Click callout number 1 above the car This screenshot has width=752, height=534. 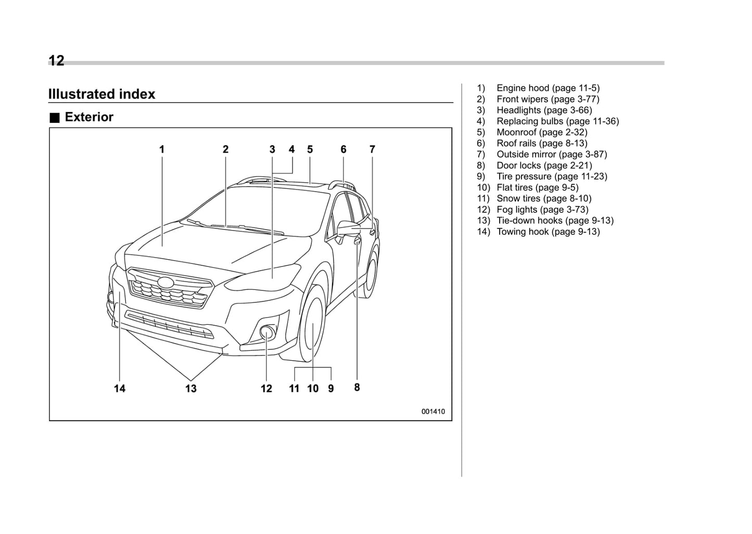tap(162, 149)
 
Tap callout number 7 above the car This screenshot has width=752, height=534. tap(372, 149)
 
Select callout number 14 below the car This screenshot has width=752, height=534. tap(120, 388)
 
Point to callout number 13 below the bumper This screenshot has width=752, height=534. tap(191, 388)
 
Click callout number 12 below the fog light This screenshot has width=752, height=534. tap(266, 388)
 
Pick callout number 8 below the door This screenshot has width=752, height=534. tap(357, 387)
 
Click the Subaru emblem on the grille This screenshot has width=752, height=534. tap(166, 282)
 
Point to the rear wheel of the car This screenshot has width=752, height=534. tap(372, 274)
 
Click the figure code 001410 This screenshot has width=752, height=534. tap(433, 411)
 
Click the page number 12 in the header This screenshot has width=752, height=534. tap(56, 61)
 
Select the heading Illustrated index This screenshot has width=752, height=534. tap(102, 94)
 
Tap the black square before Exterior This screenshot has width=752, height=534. tap(55, 118)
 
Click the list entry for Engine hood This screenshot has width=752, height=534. tap(547, 88)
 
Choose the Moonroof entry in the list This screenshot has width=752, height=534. tap(541, 132)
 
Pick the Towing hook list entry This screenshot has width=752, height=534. tap(547, 232)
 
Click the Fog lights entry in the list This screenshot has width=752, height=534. tap(542, 209)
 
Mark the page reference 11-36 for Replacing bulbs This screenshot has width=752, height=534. tap(604, 121)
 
